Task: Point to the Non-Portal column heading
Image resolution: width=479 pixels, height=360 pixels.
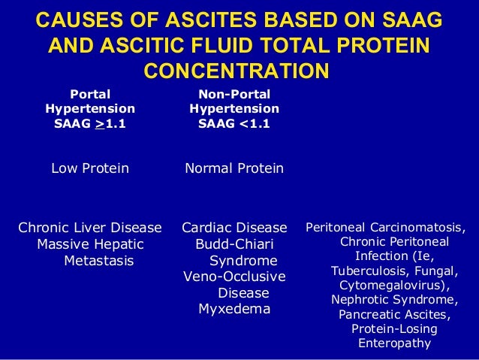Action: coord(233,94)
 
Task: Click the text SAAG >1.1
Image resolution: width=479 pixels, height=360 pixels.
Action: coord(89,124)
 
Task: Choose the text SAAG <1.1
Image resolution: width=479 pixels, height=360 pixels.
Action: coord(233,124)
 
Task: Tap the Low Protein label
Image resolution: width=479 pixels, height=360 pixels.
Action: coord(89,168)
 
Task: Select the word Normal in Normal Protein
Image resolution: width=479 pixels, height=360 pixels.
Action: coord(209,168)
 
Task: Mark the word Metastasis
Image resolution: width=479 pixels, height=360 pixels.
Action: coord(99,261)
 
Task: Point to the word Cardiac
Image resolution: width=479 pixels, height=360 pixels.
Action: coord(209,228)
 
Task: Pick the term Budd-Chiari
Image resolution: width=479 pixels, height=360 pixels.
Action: coord(234,244)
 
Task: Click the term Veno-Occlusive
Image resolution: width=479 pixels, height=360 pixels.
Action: coord(234,277)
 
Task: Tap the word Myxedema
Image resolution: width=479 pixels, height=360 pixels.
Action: coord(233,310)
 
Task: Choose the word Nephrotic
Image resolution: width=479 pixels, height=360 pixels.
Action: coord(363,300)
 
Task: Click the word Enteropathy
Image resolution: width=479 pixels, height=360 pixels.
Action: coord(394,343)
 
